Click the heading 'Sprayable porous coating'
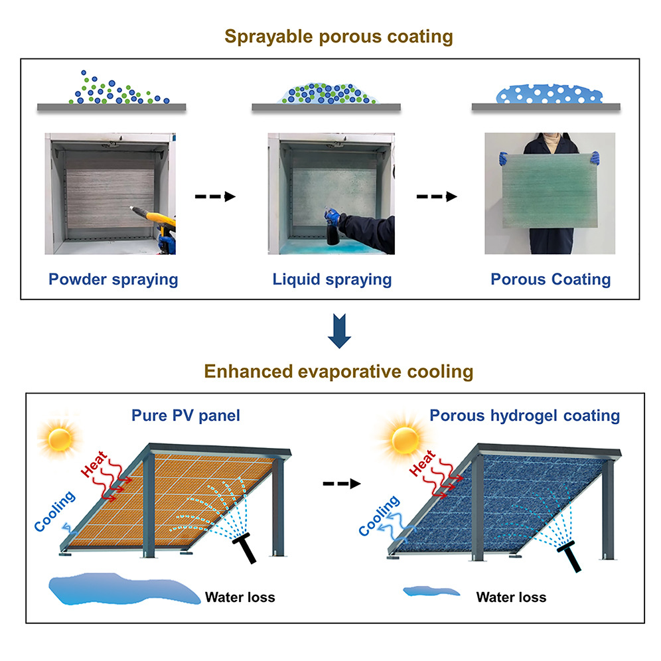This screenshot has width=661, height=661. coord(330,37)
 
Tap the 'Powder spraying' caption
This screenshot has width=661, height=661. coord(113,279)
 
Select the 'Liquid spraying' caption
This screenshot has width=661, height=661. coord(332,279)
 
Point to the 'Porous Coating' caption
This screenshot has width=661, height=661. coord(550,279)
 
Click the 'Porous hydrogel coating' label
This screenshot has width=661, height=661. coord(524,416)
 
